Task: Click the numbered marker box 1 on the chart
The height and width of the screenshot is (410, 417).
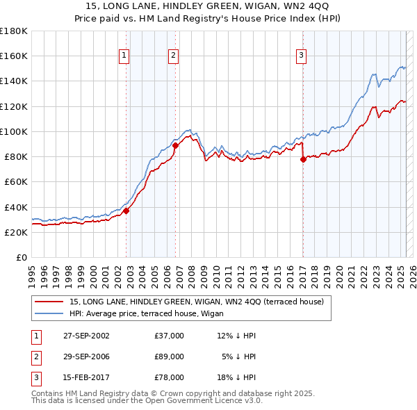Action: pyautogui.click(x=124, y=56)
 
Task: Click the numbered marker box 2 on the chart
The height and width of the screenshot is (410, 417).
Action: pyautogui.click(x=173, y=56)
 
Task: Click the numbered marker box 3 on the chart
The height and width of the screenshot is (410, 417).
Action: pyautogui.click(x=301, y=56)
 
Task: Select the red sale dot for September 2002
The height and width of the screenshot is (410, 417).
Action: pyautogui.click(x=126, y=211)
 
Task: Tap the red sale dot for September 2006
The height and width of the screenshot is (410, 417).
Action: pyautogui.click(x=175, y=145)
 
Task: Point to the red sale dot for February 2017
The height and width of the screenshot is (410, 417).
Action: pyautogui.click(x=303, y=159)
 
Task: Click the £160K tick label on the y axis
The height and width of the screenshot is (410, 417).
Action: pyautogui.click(x=14, y=56)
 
